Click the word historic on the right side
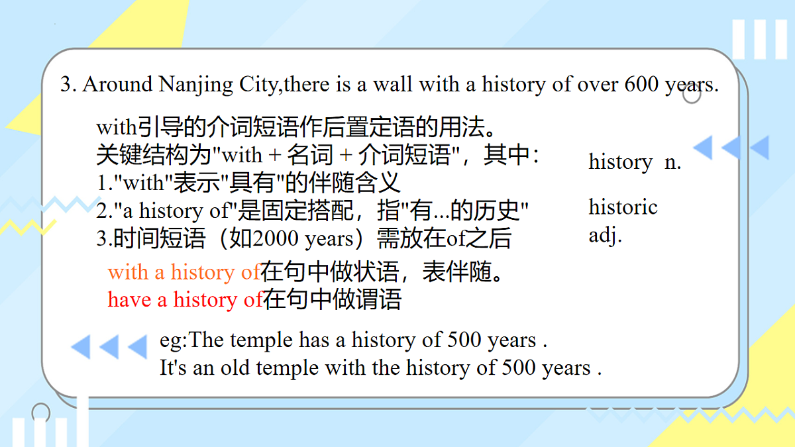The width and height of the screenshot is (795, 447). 623,207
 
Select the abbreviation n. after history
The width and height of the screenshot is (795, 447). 672,162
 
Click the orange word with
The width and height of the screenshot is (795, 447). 129,272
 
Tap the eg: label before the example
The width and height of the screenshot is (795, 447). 174,340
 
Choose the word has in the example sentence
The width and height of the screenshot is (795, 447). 313,340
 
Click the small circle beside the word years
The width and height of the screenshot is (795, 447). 692,95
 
